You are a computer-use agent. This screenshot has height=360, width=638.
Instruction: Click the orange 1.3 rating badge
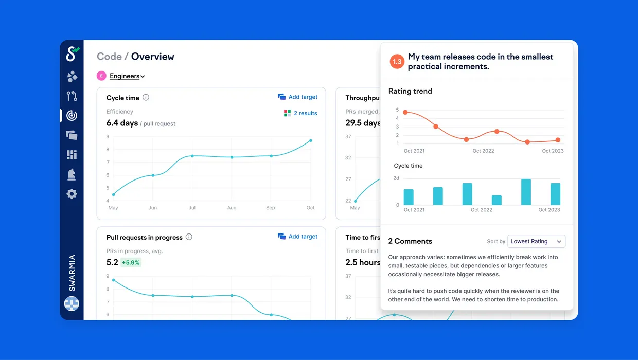coord(397,62)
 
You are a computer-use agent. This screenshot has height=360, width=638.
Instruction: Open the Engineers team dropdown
coord(127,76)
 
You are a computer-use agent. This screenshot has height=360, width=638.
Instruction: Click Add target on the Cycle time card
coord(297,97)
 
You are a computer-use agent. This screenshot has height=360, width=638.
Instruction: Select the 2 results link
coord(300,113)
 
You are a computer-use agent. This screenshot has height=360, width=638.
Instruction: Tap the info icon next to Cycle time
coord(146,98)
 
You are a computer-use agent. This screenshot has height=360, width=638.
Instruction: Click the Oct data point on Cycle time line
coord(311,140)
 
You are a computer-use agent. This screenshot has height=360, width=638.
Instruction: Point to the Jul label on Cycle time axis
coord(192,208)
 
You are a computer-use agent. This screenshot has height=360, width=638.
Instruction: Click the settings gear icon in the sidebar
coord(72,194)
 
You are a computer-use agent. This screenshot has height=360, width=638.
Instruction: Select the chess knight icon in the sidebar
coord(72,174)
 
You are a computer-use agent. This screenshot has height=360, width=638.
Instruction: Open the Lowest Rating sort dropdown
coord(536,241)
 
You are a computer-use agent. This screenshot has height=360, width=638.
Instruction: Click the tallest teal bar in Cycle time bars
coord(526,192)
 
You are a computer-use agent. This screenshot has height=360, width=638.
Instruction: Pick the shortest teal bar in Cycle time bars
coord(497,200)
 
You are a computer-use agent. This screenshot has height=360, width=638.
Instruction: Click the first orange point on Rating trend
coord(405,113)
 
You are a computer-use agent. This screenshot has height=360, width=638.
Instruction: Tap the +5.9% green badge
coord(131,262)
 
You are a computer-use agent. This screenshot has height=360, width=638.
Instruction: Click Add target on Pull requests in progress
coord(297,236)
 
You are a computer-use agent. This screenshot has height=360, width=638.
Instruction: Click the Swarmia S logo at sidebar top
coord(73,54)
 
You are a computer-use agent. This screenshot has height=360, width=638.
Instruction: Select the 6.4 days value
coord(122,123)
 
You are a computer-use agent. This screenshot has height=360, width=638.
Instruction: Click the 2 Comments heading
coord(410,241)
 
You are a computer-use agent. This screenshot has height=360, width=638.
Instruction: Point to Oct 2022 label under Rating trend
coord(483,151)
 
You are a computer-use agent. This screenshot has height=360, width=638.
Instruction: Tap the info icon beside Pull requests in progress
coord(189,237)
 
